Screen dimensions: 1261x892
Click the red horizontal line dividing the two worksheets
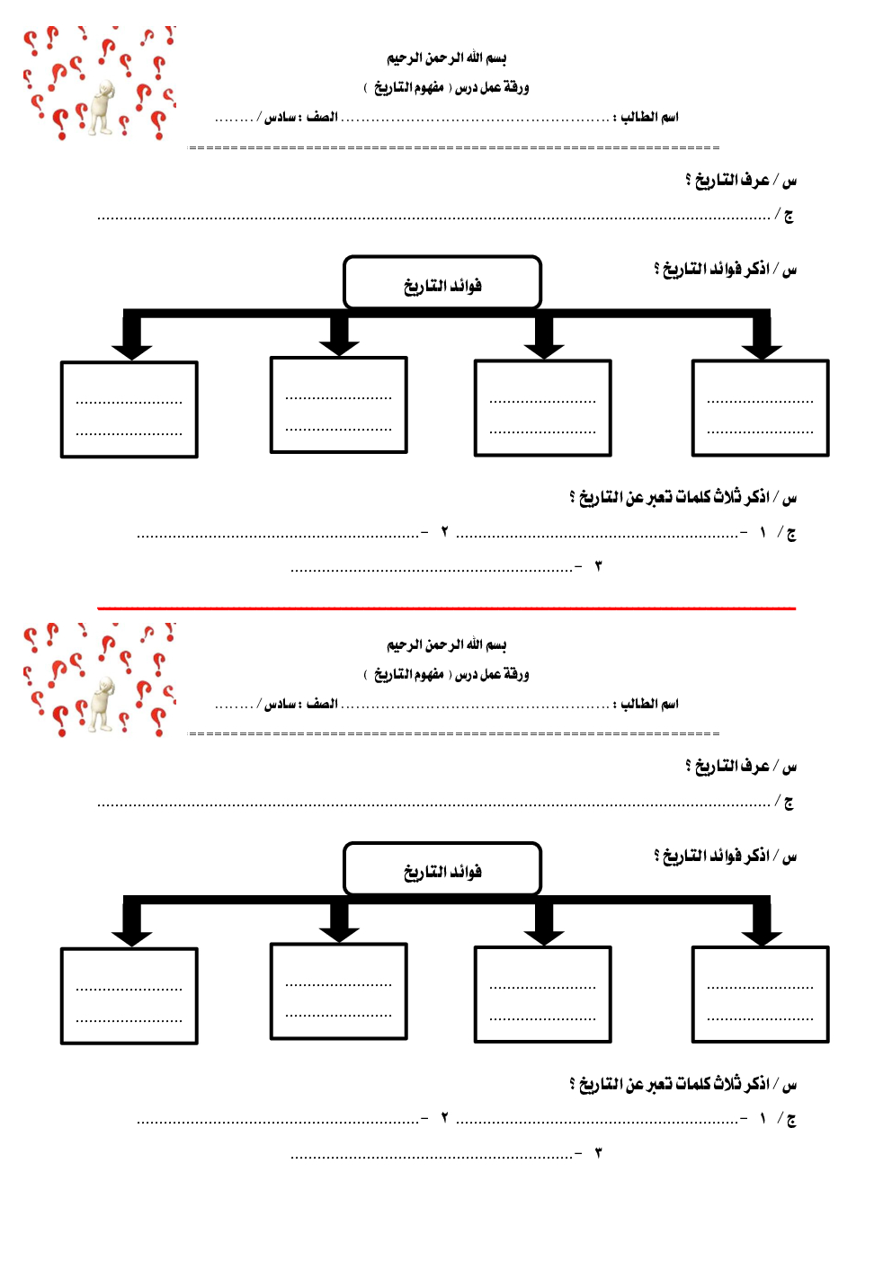(x=446, y=608)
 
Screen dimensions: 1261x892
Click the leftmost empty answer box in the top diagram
(x=129, y=410)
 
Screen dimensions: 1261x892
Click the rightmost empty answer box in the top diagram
(x=760, y=408)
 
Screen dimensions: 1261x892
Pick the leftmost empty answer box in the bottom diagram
(x=129, y=996)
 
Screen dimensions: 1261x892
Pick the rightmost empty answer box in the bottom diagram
(x=760, y=994)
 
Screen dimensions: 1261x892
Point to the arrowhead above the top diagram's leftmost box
(x=132, y=350)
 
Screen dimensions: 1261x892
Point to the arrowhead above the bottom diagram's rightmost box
(x=762, y=936)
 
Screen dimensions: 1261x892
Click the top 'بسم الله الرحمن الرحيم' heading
(x=447, y=58)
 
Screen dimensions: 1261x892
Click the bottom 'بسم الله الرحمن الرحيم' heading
(x=447, y=644)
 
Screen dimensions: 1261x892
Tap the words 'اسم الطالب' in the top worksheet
(x=649, y=117)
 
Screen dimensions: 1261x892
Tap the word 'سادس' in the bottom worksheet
(x=281, y=704)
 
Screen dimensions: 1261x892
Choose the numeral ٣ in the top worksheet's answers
(x=598, y=566)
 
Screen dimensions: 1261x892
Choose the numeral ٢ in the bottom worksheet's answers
(x=444, y=1118)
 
